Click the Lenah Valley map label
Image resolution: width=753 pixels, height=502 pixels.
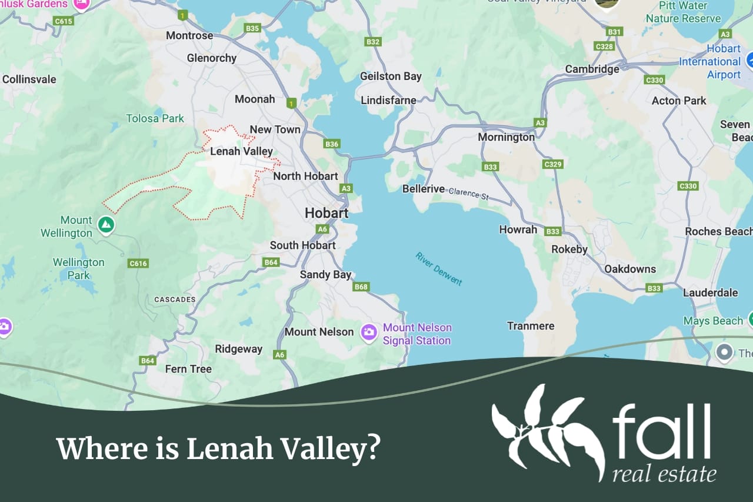[241, 151]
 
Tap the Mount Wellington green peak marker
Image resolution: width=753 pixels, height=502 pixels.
[106, 224]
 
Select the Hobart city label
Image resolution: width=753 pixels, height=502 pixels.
[326, 213]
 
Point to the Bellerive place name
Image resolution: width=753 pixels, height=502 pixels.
[424, 189]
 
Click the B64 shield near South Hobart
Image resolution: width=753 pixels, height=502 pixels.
[271, 262]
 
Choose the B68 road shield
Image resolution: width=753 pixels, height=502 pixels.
[361, 287]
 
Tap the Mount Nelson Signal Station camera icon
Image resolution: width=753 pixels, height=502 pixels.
[369, 332]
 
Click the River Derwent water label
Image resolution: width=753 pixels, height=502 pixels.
[439, 268]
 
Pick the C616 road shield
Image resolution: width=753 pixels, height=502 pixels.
[138, 263]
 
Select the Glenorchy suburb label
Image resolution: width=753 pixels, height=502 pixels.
[212, 58]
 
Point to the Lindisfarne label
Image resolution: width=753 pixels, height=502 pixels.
[388, 100]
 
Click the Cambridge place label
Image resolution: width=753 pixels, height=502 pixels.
[592, 69]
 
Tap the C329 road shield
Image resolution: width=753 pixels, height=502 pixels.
[553, 164]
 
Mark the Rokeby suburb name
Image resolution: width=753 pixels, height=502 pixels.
[569, 249]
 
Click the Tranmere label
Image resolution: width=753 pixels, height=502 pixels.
[531, 325]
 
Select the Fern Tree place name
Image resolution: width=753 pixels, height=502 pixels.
[188, 369]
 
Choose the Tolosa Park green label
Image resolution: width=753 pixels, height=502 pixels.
[155, 118]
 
